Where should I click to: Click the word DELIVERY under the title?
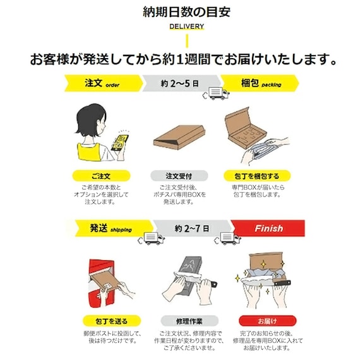click(186, 27)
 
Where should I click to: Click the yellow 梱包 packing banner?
click(259, 83)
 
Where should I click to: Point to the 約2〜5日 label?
click(180, 83)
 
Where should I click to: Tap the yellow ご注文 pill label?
click(100, 176)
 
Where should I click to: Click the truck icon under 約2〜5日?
click(217, 94)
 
